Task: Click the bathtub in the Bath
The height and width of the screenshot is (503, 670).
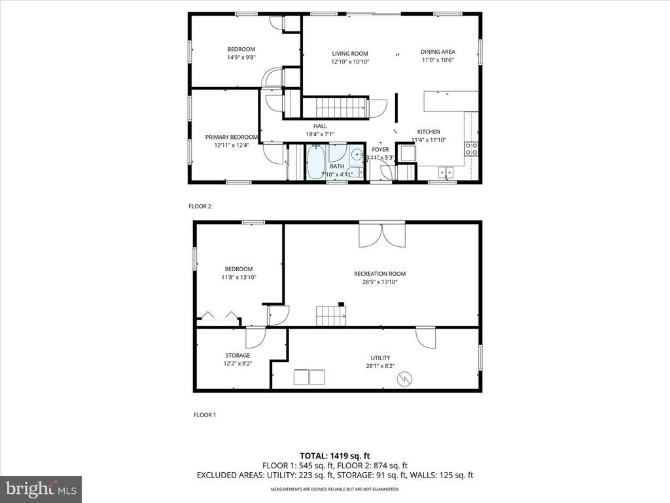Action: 315,162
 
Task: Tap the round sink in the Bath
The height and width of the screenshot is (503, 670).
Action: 355,155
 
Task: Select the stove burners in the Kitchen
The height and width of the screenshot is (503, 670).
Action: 470,147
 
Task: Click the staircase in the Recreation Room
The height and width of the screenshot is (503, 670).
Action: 332,316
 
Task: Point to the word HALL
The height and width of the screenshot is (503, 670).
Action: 320,126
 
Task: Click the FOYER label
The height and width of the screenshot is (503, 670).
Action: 380,150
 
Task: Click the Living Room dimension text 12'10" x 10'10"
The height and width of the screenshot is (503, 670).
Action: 350,62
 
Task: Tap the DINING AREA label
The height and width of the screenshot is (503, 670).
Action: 438,52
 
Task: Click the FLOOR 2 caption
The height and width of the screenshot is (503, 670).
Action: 200,206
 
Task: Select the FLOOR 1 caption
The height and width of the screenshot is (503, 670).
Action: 205,415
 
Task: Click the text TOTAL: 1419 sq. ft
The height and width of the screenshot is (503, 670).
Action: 335,455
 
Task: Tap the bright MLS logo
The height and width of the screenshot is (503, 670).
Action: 41,489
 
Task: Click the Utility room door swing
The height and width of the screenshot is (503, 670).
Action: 425,337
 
